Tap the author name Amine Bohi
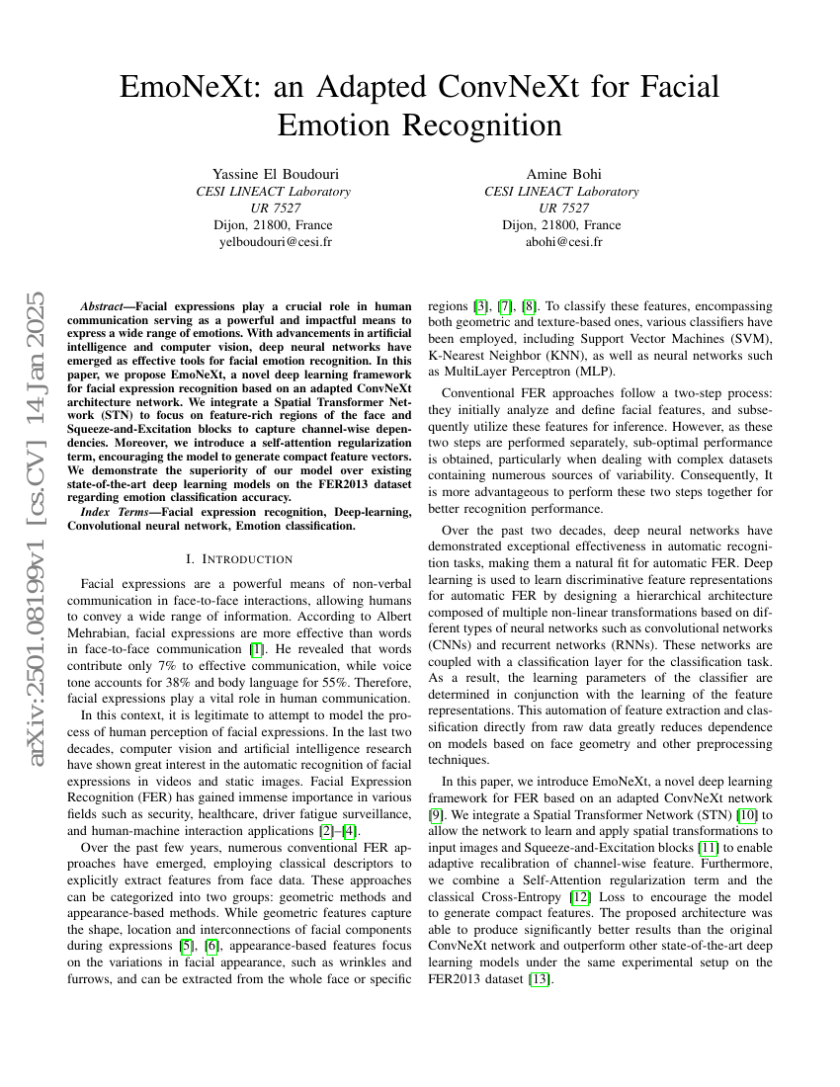click(x=561, y=175)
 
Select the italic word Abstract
click(x=104, y=307)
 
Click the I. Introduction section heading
click(x=239, y=559)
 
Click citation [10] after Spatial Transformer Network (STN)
click(x=749, y=815)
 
